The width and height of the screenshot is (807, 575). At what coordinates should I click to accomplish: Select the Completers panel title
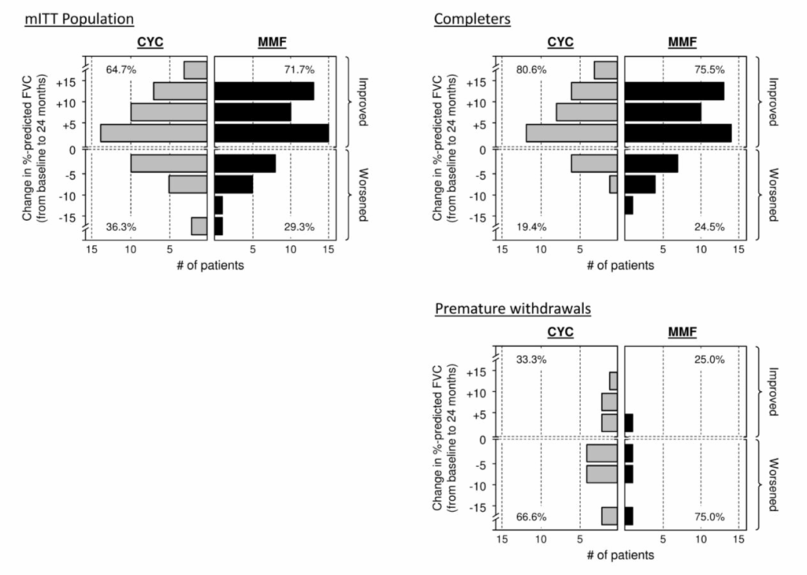(472, 17)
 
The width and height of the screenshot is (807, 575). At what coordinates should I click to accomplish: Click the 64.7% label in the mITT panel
(121, 70)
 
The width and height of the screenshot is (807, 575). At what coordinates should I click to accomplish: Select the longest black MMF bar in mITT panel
(271, 133)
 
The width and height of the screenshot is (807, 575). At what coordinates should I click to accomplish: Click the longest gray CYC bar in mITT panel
(154, 133)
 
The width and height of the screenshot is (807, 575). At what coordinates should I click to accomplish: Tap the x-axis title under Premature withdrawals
(620, 555)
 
